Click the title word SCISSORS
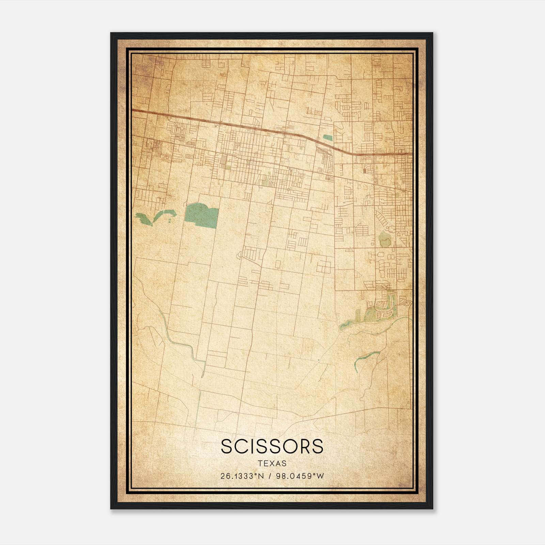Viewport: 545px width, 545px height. point(272,446)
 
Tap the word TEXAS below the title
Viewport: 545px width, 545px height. point(272,464)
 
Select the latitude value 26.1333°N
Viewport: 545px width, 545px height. point(242,476)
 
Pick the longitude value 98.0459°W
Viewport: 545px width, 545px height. point(299,476)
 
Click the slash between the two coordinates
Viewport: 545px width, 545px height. point(270,476)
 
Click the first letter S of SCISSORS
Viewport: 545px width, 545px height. point(228,446)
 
